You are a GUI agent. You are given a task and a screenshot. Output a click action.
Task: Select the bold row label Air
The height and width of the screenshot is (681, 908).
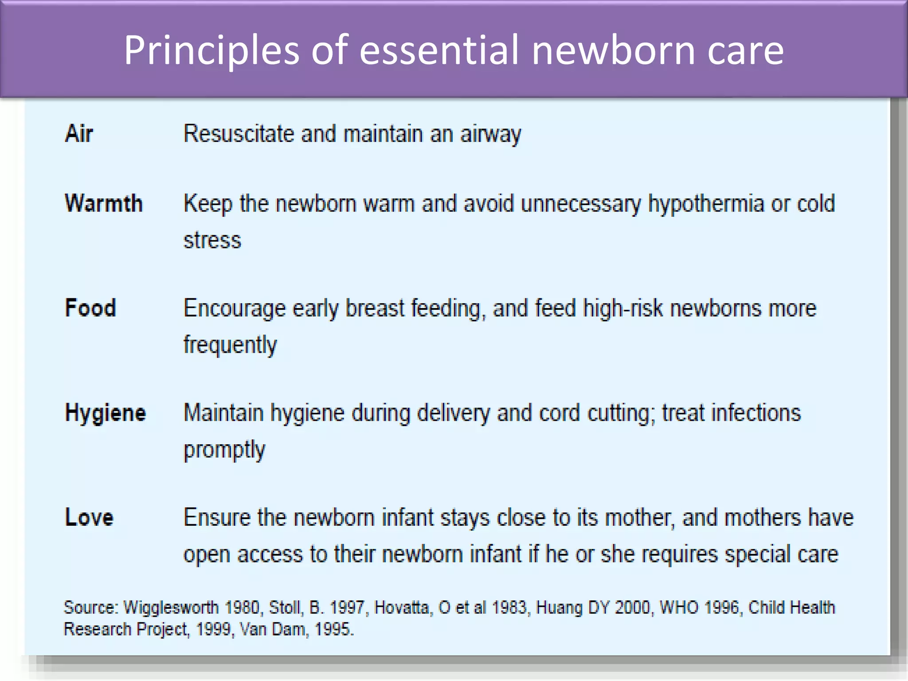tap(79, 133)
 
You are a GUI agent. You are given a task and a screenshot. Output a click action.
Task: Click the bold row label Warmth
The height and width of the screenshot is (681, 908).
tap(104, 204)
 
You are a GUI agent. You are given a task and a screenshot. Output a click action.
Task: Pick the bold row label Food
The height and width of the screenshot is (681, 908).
tap(90, 308)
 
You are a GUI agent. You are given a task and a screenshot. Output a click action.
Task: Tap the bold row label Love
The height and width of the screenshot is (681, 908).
tap(89, 517)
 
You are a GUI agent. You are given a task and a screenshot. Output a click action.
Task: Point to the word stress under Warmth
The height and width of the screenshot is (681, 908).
tap(212, 240)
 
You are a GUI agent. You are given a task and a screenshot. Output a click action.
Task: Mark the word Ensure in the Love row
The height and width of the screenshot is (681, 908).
tap(216, 517)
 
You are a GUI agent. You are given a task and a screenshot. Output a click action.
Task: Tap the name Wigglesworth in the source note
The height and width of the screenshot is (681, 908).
tap(171, 607)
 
